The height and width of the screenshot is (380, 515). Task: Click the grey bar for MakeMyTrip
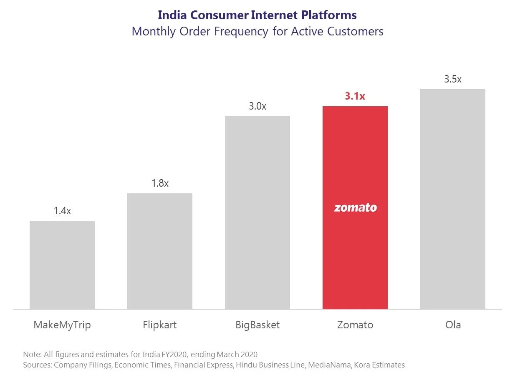click(62, 265)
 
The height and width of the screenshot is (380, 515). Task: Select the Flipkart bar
click(160, 251)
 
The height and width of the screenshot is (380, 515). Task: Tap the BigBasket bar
click(257, 212)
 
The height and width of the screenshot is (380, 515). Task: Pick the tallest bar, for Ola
click(453, 199)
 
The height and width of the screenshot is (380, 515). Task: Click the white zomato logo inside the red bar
click(355, 207)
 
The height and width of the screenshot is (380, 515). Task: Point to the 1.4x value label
click(62, 211)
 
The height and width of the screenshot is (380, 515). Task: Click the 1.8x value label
click(160, 183)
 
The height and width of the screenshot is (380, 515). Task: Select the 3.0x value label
click(257, 106)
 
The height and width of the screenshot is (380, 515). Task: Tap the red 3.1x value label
click(355, 96)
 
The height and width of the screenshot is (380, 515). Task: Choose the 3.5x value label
click(453, 79)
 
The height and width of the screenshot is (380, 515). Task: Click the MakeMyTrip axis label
click(62, 325)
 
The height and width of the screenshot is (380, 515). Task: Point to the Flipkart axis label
click(160, 325)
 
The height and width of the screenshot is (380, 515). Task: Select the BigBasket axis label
click(257, 325)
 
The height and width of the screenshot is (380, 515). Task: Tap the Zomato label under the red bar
click(355, 325)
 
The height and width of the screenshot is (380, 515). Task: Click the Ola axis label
click(453, 325)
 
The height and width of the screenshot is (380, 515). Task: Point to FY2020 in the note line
click(172, 355)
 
